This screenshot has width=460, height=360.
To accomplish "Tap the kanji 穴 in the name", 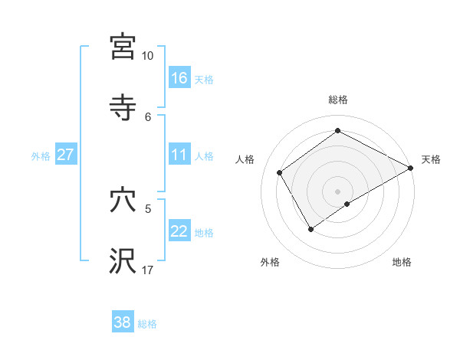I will [x=123, y=201].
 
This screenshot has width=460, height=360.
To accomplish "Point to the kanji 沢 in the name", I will [x=123, y=261].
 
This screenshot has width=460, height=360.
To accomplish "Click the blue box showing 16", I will [x=179, y=78].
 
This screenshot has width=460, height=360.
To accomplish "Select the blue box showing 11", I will [x=179, y=155].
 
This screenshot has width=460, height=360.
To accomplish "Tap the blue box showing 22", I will [x=179, y=231].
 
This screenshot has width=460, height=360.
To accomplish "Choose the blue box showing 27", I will [x=65, y=155].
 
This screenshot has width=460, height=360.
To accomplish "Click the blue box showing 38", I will [x=123, y=322].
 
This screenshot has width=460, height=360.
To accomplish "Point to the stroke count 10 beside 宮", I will [x=147, y=56].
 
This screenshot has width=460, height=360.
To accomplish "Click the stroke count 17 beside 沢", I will [x=147, y=270].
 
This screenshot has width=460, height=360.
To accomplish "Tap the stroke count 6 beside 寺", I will [x=148, y=116].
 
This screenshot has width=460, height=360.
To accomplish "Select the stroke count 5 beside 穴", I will [x=148, y=208].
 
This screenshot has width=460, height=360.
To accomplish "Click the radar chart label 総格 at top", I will [x=338, y=100].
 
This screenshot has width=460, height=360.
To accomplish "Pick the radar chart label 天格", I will [x=431, y=159].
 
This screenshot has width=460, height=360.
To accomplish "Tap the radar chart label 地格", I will [x=402, y=262].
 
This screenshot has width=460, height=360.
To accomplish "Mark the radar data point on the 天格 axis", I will [x=411, y=168].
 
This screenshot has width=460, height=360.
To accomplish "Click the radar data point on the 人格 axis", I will [x=280, y=172].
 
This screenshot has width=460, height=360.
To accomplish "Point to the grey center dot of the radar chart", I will [x=338, y=191].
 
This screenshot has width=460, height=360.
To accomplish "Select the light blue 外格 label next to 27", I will [x=41, y=155].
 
